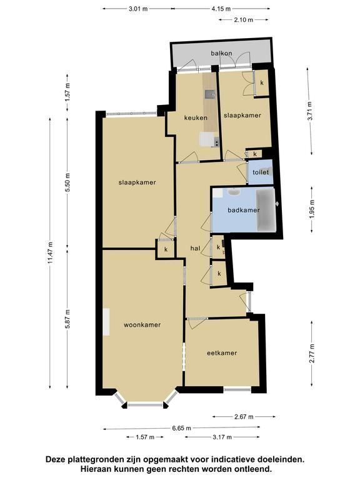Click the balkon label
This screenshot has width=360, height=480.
pyautogui.click(x=221, y=53)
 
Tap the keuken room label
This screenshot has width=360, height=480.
pyautogui.click(x=196, y=117)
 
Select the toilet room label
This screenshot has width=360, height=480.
pyautogui.click(x=261, y=172)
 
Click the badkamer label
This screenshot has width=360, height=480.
pyautogui.click(x=244, y=210)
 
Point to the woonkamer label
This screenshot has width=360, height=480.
pyautogui.click(x=142, y=325)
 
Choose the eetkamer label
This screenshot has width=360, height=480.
pyautogui.click(x=222, y=353)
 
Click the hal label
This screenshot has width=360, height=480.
pyautogui.click(x=195, y=248)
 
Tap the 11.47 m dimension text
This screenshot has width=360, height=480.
pyautogui.click(x=51, y=253)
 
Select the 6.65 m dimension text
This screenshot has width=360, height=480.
pyautogui.click(x=181, y=428)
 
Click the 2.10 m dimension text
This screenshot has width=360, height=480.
pyautogui.click(x=244, y=20)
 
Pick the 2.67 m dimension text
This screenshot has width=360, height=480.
pyautogui.click(x=244, y=417)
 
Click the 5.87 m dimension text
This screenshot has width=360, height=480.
pyautogui.click(x=67, y=319)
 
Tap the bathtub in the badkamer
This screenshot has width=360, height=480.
pyautogui.click(x=266, y=210)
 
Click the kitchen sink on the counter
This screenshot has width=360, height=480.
pyautogui.click(x=210, y=94)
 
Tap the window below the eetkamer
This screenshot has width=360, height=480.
pyautogui.click(x=237, y=390)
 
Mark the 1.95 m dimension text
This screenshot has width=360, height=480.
pyautogui.click(x=312, y=209)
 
